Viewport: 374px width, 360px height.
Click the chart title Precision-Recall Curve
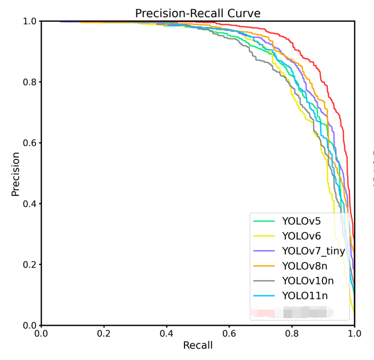(198, 13)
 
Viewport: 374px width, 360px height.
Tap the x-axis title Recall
(198, 345)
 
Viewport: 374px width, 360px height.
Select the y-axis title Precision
(15, 174)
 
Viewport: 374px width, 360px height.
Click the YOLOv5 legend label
(301, 221)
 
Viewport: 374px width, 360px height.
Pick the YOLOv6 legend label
(301, 236)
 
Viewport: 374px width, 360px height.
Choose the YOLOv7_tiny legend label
(313, 251)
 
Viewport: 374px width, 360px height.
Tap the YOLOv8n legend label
(304, 266)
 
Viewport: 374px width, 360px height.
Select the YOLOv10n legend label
(307, 281)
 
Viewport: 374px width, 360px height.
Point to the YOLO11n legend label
(305, 296)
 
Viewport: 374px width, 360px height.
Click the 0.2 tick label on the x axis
(104, 332)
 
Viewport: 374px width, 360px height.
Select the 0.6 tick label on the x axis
(229, 332)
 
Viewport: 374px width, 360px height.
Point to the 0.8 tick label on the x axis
(292, 332)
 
